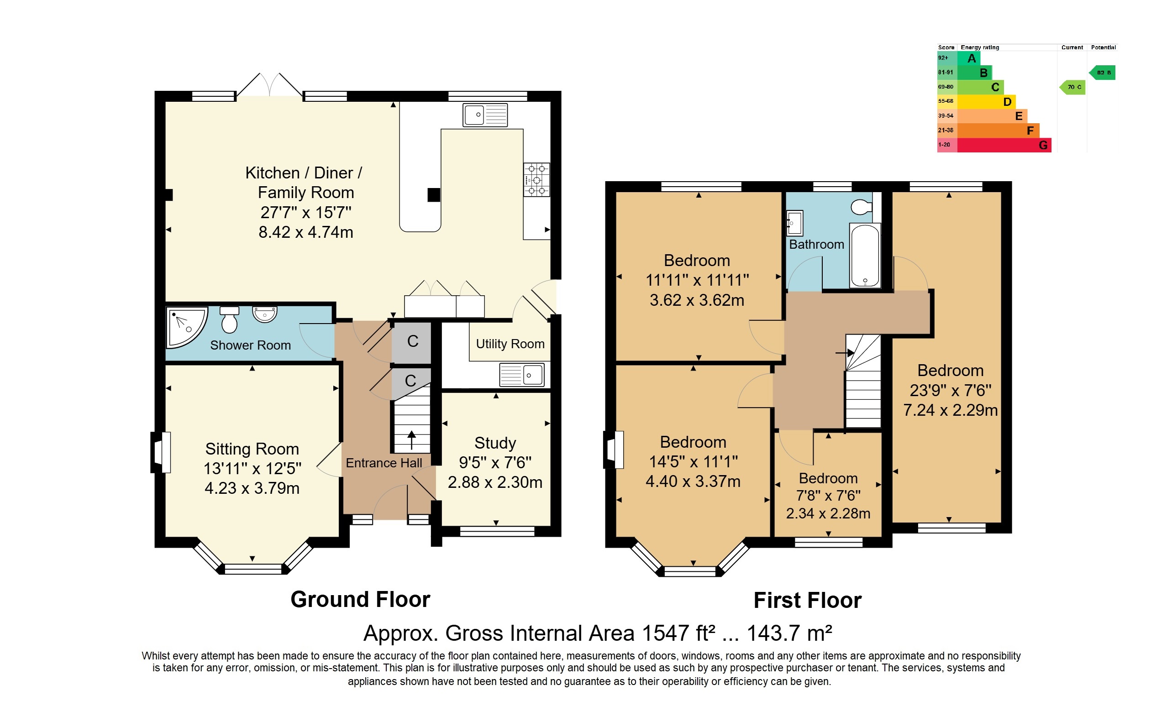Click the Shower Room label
(250, 345)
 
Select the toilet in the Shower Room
(230, 320)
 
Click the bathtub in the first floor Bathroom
(865, 255)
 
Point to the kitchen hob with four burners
(536, 180)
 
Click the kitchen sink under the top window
(485, 115)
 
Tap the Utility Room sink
(522, 375)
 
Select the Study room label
(495, 443)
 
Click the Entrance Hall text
(384, 463)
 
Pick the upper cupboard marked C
(412, 341)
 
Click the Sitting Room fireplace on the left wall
(161, 452)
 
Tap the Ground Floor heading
(360, 600)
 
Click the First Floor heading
(808, 601)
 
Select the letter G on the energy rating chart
(1043, 145)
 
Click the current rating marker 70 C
(1072, 87)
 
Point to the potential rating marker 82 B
(1102, 73)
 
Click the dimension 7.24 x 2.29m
(950, 410)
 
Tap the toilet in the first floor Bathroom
(862, 208)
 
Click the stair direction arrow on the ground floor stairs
(412, 440)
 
